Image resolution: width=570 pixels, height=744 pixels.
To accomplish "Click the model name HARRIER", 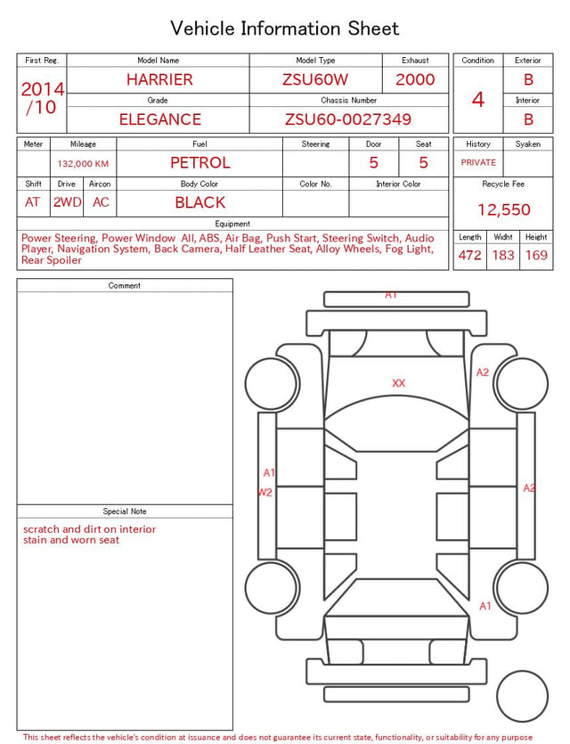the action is point(159,79).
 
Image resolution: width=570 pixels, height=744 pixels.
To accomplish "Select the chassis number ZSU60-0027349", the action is point(348,119).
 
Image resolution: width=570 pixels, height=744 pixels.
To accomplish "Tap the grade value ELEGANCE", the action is point(160,119).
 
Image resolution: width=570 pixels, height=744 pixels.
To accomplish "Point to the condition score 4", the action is point(478,100).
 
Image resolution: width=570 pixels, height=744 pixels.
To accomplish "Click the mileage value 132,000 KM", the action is point(83,164).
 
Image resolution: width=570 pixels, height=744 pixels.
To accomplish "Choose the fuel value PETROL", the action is point(200,163).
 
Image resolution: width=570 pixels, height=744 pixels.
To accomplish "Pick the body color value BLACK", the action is point(200,202).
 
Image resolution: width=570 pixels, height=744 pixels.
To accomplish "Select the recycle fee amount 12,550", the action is point(503,209).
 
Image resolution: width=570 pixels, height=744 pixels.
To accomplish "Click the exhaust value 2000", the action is point(415,79).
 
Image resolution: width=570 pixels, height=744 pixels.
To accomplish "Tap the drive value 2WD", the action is point(67,202).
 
